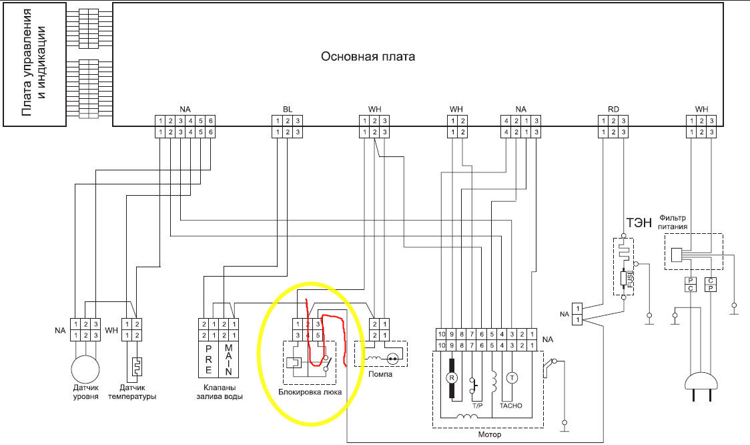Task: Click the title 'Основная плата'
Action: pos(368,57)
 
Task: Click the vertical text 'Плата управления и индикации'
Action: pos(34,64)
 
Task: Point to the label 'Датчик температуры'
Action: pos(137,392)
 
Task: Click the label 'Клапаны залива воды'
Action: pos(220,392)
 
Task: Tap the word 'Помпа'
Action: pos(380,374)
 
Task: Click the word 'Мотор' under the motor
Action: pos(489,434)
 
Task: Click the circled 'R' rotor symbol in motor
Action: pos(451,377)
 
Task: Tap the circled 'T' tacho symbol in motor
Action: pos(512,377)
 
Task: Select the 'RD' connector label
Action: pos(613,109)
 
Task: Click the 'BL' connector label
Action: pos(288,109)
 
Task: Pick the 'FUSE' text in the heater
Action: pos(630,277)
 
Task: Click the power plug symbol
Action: pos(700,384)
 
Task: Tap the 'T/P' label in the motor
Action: pos(477,406)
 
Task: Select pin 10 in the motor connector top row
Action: pos(441,333)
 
